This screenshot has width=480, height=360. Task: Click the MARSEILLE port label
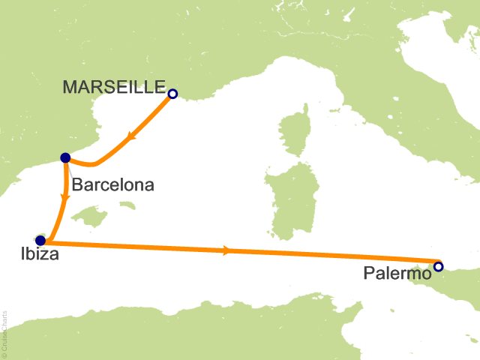pos(114,87)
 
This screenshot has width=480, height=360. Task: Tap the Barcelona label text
pos(112,184)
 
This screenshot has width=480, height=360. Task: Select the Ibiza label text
pos(37,256)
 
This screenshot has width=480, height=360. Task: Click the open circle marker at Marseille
pos(172,94)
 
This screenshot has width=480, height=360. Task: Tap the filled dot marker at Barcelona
pos(65,157)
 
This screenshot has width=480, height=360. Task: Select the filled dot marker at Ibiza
pos(40,241)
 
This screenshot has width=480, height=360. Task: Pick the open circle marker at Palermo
pos(438,266)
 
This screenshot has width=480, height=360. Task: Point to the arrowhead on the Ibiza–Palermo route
pos(226,250)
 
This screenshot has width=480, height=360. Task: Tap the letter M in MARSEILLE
pos(70,87)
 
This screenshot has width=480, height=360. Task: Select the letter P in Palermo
pos(369,274)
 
